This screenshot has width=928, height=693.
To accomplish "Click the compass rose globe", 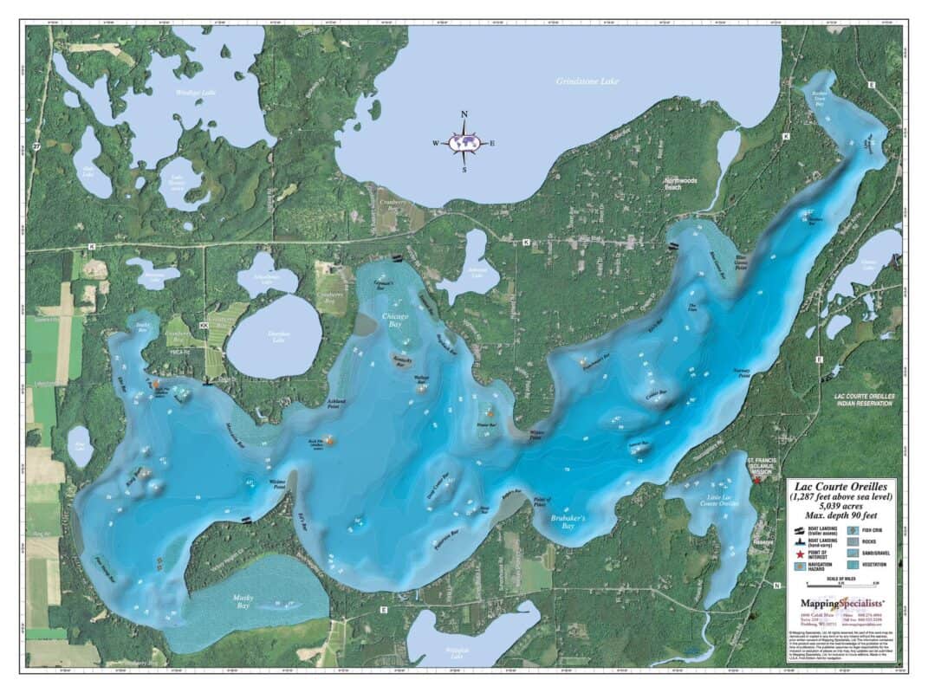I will tap(464, 142).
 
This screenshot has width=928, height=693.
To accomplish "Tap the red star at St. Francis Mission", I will tap(756, 479).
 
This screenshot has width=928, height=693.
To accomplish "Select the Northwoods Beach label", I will tap(680, 184).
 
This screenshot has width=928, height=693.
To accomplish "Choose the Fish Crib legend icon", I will tap(852, 529).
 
